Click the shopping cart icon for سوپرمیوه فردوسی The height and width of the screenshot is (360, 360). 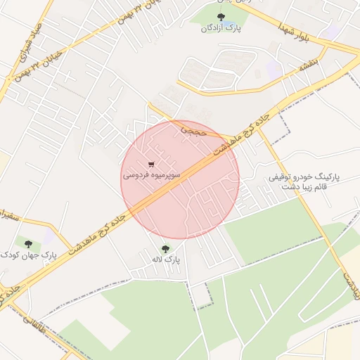click(152, 164)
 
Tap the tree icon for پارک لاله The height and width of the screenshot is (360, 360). click(166, 248)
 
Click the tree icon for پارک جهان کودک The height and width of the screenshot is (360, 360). click(29, 244)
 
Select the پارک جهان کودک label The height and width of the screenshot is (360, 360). click(29, 255)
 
